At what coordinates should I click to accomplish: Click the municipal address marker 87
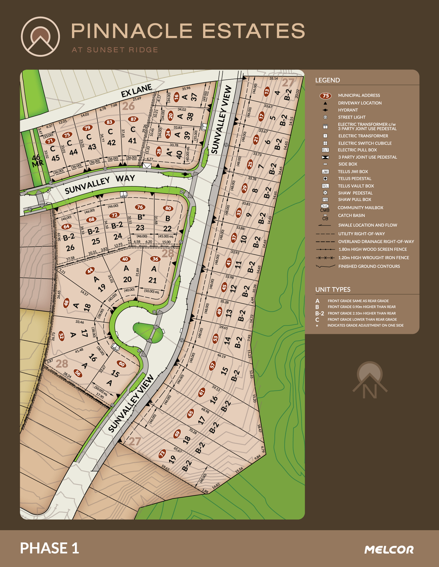(x=133, y=119)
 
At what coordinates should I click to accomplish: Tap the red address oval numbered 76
(x=140, y=207)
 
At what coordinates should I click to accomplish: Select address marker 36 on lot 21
(x=155, y=259)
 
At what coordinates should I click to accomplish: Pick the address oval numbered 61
(x=202, y=392)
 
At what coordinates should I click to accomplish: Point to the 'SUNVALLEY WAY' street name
(x=100, y=184)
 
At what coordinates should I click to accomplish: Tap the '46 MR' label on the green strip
(x=37, y=161)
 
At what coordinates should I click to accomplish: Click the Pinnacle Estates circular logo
(x=40, y=37)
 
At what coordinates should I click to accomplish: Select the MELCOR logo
(x=389, y=550)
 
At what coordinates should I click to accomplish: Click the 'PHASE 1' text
(x=49, y=548)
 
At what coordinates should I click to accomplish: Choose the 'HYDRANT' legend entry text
(x=348, y=110)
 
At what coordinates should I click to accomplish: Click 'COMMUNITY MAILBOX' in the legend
(x=360, y=208)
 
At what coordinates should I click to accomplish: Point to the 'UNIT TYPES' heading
(x=333, y=289)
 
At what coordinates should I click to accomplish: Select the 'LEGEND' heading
(x=327, y=80)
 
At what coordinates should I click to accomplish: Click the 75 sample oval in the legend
(x=325, y=96)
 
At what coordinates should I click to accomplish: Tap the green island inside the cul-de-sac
(x=148, y=332)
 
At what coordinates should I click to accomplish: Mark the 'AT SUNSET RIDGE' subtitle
(x=115, y=50)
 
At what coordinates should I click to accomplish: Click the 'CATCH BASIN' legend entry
(x=351, y=216)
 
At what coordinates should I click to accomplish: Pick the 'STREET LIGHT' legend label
(x=352, y=117)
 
